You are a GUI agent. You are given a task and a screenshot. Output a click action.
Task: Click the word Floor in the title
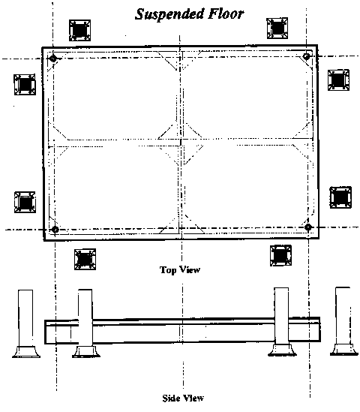pos(226,14)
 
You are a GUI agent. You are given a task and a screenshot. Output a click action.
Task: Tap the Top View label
pos(180,270)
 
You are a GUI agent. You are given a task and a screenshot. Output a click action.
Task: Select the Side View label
pos(183,398)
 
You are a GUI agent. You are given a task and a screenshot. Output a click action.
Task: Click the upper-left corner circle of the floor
pos(53,58)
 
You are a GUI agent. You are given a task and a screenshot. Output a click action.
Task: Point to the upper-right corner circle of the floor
pos(307,56)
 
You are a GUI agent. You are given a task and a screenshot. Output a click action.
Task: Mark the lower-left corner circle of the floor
pos(55,230)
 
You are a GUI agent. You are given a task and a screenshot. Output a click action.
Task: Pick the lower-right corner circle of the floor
pos(308,227)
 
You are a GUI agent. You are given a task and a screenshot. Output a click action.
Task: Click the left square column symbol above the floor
pos(79,30)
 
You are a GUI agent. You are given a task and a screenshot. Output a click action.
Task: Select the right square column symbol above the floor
pos(277,29)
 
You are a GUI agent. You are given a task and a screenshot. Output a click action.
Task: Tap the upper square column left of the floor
pos(25,85)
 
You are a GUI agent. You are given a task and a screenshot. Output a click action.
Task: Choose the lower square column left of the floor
pos(25,202)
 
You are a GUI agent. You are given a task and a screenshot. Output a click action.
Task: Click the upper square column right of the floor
pos(339,80)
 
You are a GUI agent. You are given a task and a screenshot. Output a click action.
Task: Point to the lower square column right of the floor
pos(340,197)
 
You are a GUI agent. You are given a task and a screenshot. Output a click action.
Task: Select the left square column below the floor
pos(85,260)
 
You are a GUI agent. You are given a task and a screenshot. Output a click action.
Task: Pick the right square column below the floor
pos(280,256)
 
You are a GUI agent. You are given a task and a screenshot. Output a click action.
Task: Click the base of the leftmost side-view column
pos(26,352)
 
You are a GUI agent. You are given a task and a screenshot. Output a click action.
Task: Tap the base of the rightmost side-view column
pos(344,350)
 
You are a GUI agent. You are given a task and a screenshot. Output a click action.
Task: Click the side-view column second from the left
pos(85,323)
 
